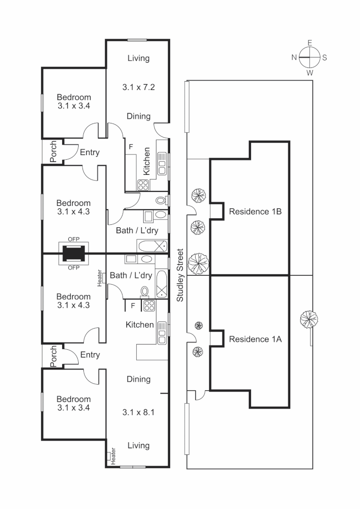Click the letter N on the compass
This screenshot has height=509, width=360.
click(294, 57)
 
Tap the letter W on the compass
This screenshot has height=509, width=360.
click(310, 73)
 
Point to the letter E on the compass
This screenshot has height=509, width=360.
click(310, 43)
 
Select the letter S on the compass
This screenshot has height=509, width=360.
click(325, 57)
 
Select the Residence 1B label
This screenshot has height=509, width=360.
click(255, 212)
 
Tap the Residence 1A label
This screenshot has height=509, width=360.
click(255, 338)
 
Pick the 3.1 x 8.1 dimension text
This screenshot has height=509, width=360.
click(139, 412)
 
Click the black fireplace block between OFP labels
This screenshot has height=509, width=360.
click(74, 254)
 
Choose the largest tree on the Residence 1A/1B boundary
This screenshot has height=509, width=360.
click(198, 262)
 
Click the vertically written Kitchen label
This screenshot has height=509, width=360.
click(147, 162)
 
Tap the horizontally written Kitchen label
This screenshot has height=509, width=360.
click(139, 325)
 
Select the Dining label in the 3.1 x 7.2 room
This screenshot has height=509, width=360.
click(139, 116)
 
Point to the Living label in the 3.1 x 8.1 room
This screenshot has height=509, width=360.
click(139, 445)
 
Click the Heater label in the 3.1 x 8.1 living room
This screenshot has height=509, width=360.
click(113, 456)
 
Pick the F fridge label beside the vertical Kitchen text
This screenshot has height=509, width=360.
click(130, 146)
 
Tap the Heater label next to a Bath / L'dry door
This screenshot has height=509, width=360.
click(100, 278)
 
